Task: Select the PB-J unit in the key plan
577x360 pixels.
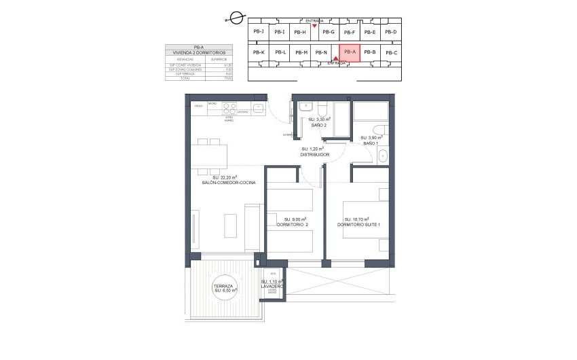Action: (258, 31)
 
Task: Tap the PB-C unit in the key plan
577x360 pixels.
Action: (390, 52)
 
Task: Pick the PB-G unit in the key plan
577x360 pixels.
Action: (329, 32)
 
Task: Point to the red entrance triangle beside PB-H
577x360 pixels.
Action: (314, 26)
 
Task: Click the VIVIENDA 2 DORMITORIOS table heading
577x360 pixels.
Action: (199, 52)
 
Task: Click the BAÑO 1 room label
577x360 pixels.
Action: (370, 143)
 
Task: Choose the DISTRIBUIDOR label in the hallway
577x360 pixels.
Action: (314, 155)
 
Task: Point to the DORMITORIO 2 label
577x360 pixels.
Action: (293, 225)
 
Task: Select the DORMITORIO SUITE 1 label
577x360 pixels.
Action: (358, 225)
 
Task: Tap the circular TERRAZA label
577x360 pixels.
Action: (223, 288)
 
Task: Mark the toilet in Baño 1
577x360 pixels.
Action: (382, 131)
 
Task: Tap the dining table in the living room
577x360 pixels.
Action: (209, 156)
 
